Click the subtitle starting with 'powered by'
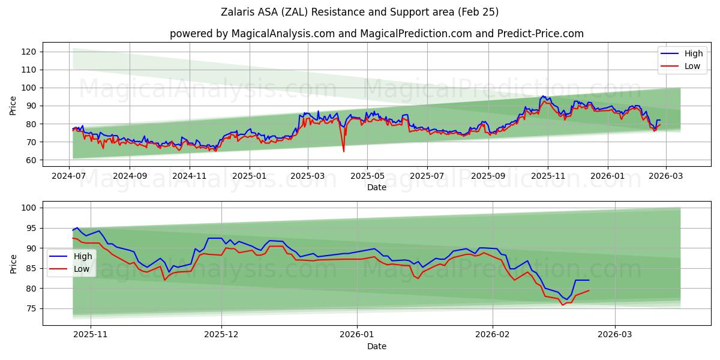[376, 34]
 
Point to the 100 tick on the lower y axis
[30, 208]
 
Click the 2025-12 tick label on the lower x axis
[221, 334]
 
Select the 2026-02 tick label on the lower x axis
[492, 334]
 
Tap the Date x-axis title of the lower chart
[376, 346]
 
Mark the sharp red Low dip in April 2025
[344, 151]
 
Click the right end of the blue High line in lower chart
[589, 280]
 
